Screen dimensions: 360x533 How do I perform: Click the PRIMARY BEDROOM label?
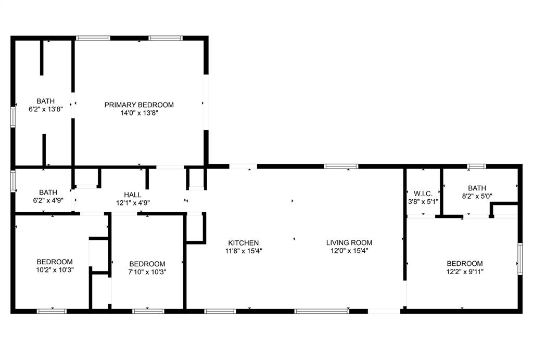139,105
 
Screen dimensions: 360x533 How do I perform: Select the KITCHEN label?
243,242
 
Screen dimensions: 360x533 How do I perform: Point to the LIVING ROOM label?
349,242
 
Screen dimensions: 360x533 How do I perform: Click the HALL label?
133,195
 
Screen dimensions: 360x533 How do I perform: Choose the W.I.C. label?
423,194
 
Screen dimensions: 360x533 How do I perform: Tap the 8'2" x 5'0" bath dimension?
477,196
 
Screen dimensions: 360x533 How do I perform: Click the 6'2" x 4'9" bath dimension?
45,200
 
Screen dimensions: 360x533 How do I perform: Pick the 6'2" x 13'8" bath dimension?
45,109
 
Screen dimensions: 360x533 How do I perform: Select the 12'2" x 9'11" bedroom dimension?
464,271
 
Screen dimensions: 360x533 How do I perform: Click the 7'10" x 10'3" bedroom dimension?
147,272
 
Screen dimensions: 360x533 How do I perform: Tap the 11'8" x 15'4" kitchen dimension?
243,250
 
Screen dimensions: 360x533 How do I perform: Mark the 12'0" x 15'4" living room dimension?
349,250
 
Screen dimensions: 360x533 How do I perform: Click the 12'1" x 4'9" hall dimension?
133,203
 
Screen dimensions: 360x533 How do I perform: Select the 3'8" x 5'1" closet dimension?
423,201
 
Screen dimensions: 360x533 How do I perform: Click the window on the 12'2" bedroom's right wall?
519,259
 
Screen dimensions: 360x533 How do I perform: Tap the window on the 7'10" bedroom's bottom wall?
148,311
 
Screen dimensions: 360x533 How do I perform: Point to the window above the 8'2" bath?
476,166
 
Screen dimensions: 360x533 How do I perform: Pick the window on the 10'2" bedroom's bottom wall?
52,311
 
